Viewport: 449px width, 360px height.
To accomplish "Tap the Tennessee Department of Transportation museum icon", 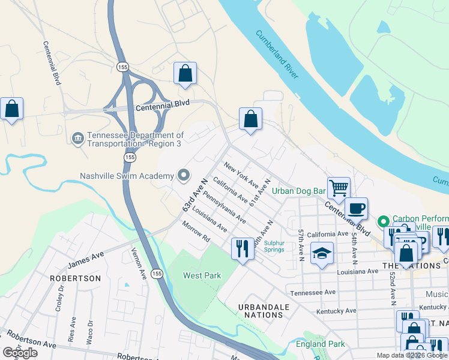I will [78, 139].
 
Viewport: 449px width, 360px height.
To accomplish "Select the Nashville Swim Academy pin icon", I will [184, 176].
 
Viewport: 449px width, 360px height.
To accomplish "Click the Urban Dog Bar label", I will [298, 191].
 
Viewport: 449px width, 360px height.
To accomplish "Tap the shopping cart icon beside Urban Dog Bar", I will [339, 187].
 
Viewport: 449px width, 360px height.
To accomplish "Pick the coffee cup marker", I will [356, 208].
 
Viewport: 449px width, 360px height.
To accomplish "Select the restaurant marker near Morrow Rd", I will [243, 248].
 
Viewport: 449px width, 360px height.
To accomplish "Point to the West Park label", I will [202, 276].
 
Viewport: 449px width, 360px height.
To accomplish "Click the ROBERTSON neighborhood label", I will [75, 278].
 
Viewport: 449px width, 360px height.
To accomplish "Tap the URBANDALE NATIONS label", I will [264, 311].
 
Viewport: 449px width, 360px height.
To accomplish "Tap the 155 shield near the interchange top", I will [122, 66].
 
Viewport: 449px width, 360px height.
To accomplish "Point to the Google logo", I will [20, 353].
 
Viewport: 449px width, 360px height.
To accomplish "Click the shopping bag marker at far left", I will [11, 109].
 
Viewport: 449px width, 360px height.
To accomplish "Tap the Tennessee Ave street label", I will [313, 293].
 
